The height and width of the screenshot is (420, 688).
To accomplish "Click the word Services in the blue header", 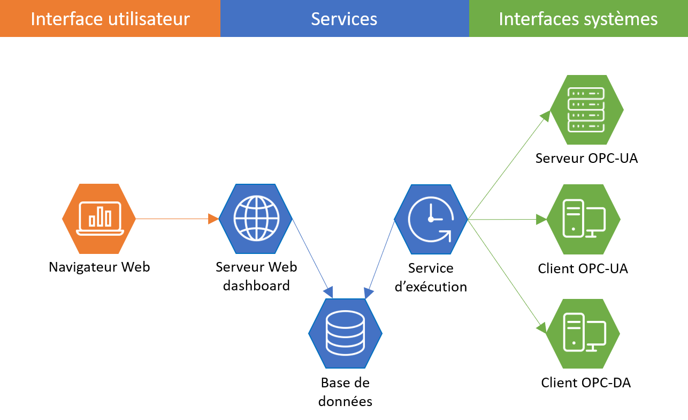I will coord(344,19).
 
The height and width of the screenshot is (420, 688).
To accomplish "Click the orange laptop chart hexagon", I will coord(99,219).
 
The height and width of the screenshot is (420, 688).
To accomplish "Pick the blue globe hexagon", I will coord(256,219).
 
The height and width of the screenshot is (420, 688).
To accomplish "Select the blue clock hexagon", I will coord(431,219).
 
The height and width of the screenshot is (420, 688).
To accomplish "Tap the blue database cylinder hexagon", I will coord(345,333).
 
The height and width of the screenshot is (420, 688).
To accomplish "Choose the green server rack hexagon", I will coord(586,110).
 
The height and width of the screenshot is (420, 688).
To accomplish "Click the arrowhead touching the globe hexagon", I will coord(213,219).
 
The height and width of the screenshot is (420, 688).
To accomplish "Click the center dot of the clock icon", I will coord(431,219).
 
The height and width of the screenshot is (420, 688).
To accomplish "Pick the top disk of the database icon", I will coord(345,318).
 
